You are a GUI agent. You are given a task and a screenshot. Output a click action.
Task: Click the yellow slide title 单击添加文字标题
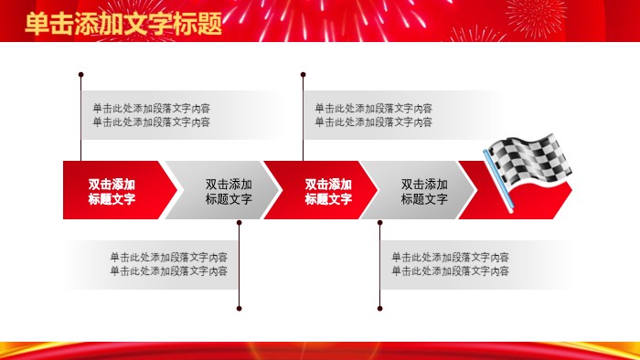[123, 24]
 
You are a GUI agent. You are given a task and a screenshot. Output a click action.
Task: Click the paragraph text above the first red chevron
[151, 115]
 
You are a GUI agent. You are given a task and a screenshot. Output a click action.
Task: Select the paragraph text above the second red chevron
[374, 115]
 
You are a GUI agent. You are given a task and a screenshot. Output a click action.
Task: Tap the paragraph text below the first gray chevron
[168, 264]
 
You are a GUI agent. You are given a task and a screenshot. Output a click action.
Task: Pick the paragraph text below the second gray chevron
[451, 264]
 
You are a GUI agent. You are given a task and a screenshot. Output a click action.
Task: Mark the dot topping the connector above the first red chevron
[81, 74]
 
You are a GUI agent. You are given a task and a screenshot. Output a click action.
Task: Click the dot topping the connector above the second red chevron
[304, 74]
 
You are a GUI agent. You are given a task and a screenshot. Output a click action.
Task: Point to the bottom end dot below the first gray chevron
[239, 308]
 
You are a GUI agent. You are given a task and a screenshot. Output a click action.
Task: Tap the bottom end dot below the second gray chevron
[380, 308]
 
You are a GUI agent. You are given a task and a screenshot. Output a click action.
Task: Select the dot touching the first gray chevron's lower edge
[239, 221]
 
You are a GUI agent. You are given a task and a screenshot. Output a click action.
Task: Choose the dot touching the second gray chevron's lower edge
[380, 221]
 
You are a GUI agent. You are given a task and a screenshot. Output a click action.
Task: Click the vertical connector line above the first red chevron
[81, 119]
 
